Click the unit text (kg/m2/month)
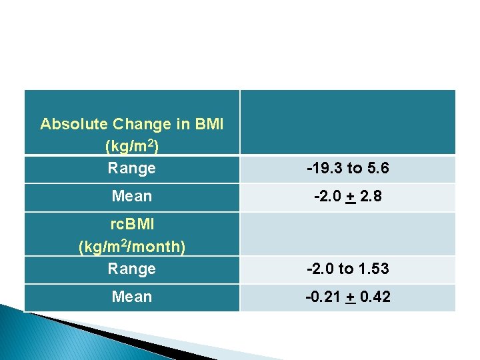click(132, 247)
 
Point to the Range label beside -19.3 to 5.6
click(132, 168)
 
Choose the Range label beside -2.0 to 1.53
click(132, 268)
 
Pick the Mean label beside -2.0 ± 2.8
click(132, 196)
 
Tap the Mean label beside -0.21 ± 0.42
click(132, 297)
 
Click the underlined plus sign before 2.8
click(348, 197)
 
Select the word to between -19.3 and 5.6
click(352, 169)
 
